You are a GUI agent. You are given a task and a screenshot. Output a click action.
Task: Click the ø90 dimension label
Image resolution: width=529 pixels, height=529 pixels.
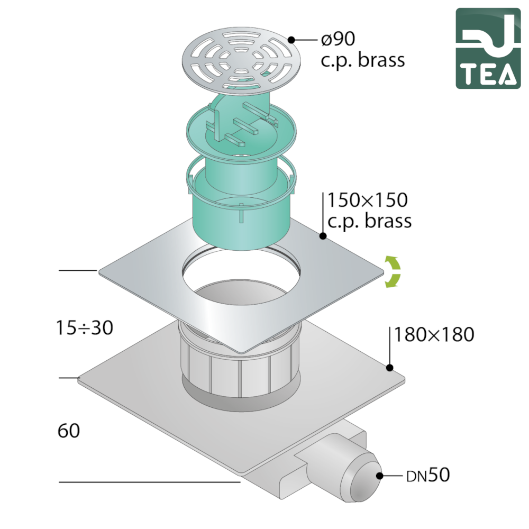[x=338, y=39]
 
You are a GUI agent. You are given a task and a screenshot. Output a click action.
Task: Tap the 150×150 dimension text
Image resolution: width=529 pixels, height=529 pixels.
[x=368, y=200]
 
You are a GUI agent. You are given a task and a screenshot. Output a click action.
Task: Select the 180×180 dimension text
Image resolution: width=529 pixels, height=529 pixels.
[x=434, y=334]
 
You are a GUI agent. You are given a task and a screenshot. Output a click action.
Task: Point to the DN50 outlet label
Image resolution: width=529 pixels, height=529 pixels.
[x=428, y=476]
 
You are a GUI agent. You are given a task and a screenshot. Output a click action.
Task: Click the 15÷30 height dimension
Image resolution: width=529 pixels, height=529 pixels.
[x=84, y=327]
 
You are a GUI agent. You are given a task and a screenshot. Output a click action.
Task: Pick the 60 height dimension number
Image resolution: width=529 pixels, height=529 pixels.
[x=69, y=431]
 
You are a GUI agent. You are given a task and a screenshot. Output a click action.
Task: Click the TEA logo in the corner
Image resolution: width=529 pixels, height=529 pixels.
[x=488, y=48]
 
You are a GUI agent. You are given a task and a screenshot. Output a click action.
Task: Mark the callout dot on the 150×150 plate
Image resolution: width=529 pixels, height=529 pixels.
[x=323, y=236]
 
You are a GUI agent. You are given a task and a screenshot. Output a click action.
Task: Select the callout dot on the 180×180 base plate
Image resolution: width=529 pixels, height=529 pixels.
[x=390, y=368]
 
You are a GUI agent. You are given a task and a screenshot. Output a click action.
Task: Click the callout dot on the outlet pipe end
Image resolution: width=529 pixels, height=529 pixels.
[x=380, y=476]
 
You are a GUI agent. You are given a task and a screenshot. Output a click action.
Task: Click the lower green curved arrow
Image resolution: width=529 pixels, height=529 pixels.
[x=394, y=280]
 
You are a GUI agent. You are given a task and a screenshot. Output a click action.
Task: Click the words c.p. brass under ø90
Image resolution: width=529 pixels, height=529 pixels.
[x=363, y=61]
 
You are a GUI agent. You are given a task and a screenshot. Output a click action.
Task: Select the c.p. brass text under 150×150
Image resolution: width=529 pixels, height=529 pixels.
[x=369, y=222]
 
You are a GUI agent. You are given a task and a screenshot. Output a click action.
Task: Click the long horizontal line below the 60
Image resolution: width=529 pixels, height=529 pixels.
[x=150, y=482]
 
